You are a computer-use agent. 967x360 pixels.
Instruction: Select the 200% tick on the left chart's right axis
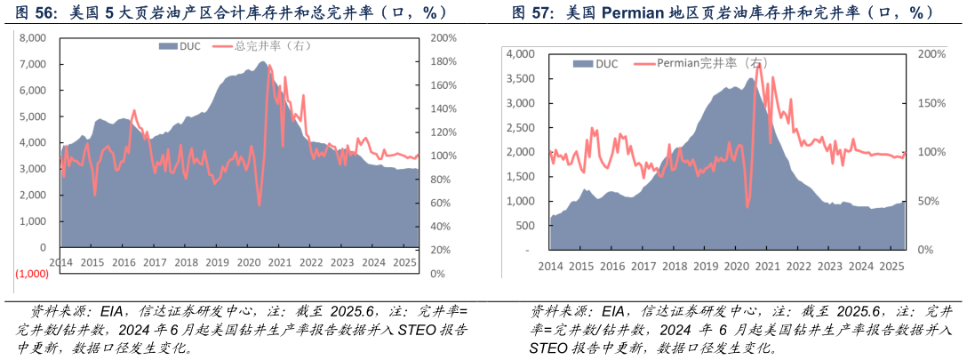pyautogui.click(x=443, y=38)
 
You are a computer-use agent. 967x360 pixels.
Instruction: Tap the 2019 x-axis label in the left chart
pyautogui.click(x=217, y=262)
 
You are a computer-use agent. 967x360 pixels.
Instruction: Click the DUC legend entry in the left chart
pyautogui.click(x=181, y=45)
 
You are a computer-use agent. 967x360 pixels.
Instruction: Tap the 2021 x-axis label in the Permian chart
pyautogui.click(x=767, y=266)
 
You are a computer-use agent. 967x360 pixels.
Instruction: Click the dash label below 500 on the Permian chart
pyautogui.click(x=528, y=251)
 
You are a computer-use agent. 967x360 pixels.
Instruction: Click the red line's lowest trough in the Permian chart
pyautogui.click(x=747, y=206)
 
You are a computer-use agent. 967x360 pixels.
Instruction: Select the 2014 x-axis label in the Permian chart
pyautogui.click(x=550, y=266)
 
